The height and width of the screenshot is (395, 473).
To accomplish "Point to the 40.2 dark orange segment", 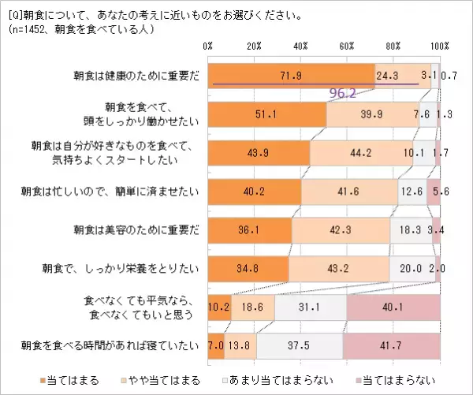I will click(x=254, y=191).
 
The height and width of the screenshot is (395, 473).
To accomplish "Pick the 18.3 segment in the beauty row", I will click(x=408, y=232).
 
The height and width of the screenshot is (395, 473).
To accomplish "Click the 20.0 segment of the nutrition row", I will click(x=411, y=270).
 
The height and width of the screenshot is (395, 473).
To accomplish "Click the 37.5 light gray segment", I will click(x=299, y=345).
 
